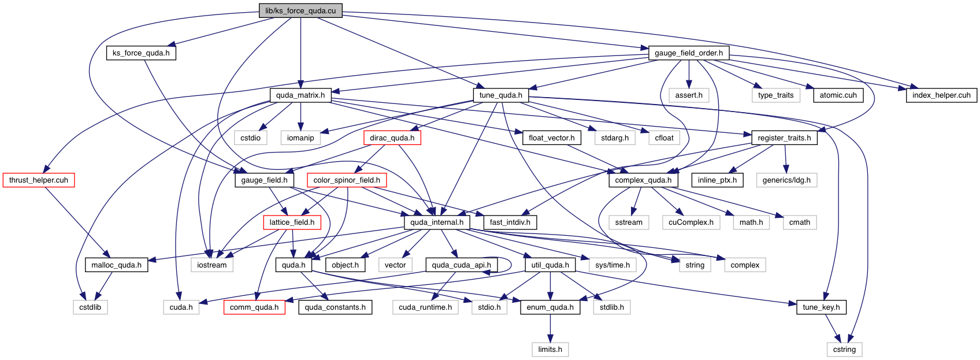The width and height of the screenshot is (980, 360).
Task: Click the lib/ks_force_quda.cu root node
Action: click(300, 10)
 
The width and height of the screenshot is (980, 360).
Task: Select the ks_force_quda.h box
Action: click(141, 53)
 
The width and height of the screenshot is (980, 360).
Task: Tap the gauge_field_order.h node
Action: click(688, 53)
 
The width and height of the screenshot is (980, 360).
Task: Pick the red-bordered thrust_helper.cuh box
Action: click(38, 180)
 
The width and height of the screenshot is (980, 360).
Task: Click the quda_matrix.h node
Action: click(300, 95)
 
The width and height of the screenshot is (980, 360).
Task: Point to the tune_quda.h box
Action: click(500, 95)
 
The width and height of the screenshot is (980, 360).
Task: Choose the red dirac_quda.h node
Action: click(392, 138)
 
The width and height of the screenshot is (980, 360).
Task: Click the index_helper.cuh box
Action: click(941, 95)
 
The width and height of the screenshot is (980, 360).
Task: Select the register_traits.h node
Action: click(784, 138)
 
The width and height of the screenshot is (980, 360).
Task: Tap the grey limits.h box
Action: click(550, 349)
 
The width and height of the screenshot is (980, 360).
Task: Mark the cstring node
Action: click(844, 349)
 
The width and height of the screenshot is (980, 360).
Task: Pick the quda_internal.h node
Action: click(436, 222)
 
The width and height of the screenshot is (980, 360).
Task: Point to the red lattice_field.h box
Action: click(292, 222)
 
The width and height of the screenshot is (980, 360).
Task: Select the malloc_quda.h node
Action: click(116, 265)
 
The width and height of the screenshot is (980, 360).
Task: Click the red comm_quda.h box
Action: click(254, 307)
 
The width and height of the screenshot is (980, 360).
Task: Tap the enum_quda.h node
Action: click(550, 307)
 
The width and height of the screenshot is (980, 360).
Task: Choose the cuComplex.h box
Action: click(691, 222)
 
